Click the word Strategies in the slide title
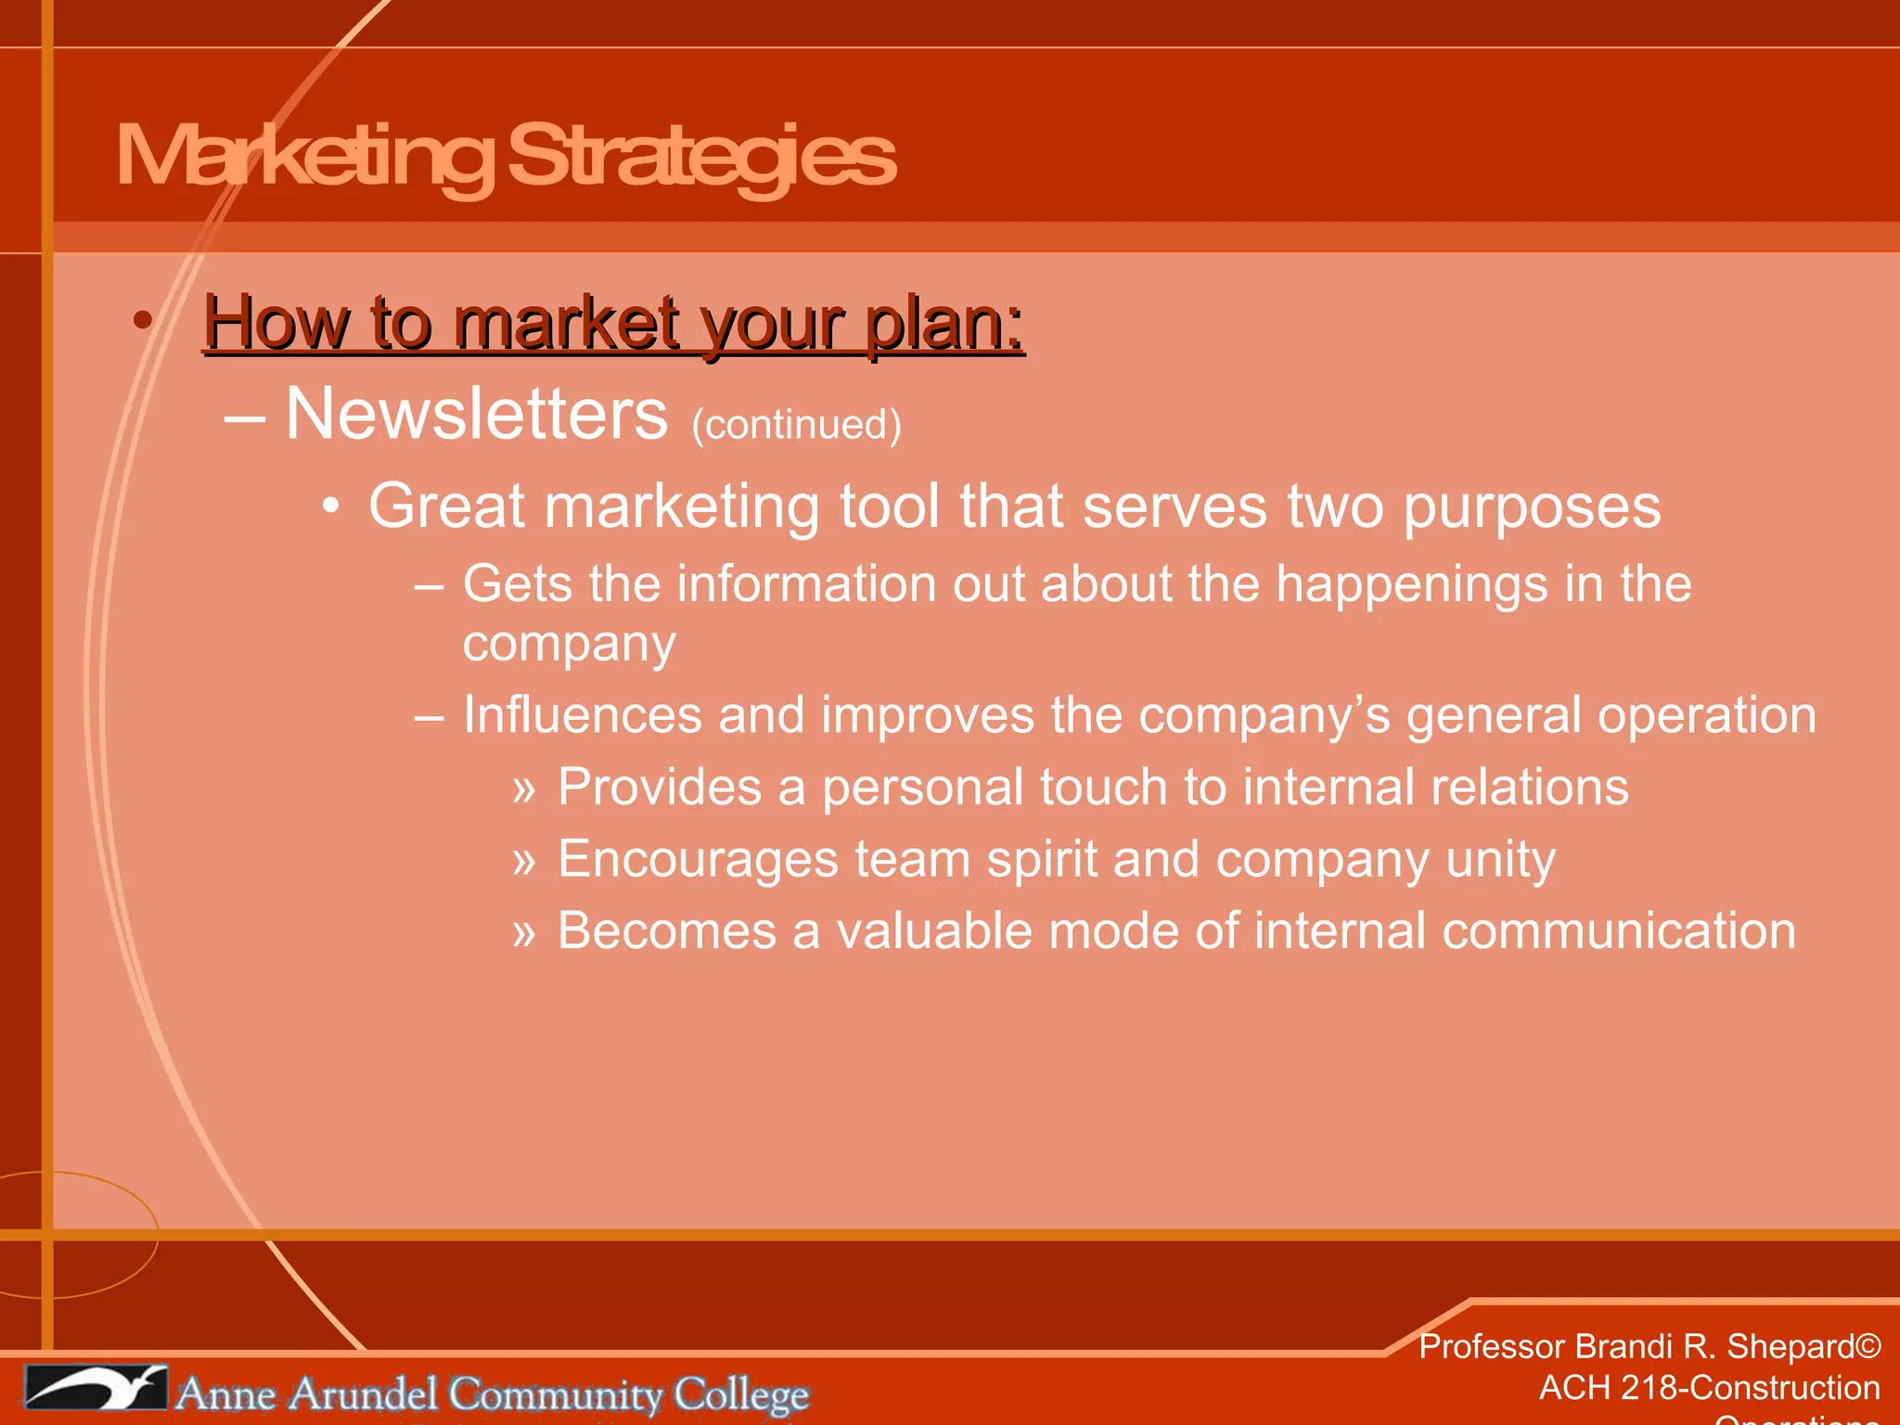click(701, 156)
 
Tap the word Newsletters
click(476, 415)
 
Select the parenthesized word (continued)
click(796, 425)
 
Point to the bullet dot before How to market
click(142, 321)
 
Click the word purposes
click(1531, 507)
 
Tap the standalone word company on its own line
click(569, 644)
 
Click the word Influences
click(582, 715)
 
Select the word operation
click(1705, 715)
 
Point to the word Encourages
click(698, 859)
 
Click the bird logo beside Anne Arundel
click(96, 1388)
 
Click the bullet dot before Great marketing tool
click(331, 507)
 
